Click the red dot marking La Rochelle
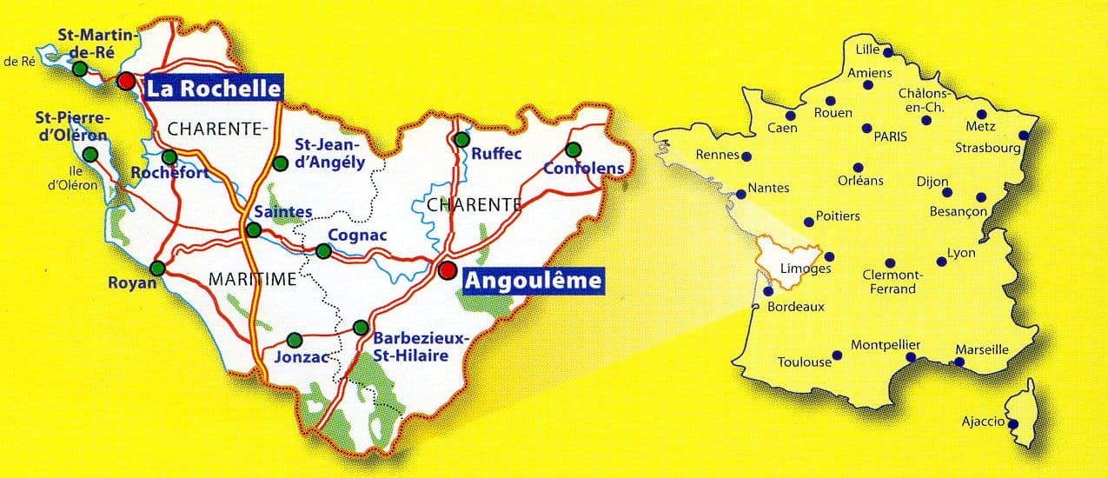pos(126,81)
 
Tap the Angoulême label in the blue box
pos(533,281)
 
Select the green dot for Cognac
pos(323,251)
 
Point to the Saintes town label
pos(275,211)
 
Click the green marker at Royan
pos(157,268)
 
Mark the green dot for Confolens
pos(574,148)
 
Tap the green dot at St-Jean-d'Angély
pos(280,163)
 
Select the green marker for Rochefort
pos(169,156)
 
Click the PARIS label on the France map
pos(891,136)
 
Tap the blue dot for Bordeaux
pos(767,292)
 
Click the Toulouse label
pos(805,362)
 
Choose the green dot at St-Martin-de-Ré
pos(80,69)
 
